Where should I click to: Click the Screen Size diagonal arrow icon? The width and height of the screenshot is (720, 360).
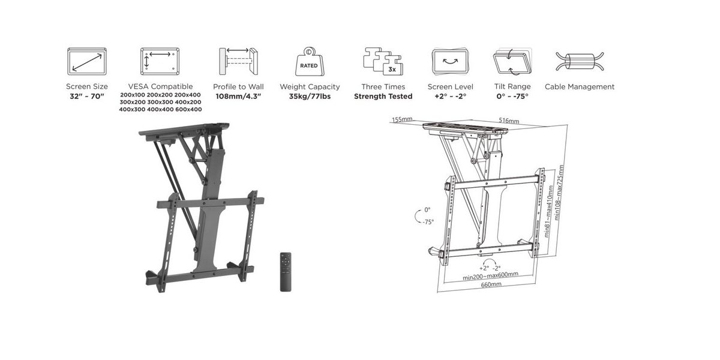click(87, 62)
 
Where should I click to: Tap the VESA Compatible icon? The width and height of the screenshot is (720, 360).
click(160, 61)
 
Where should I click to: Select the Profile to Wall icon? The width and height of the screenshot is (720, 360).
click(239, 61)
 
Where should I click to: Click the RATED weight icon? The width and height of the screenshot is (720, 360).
click(310, 61)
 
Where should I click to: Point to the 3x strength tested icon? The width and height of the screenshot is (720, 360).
click(383, 61)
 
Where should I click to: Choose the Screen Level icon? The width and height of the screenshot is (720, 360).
click(450, 61)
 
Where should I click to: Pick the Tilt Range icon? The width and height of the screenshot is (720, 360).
click(512, 61)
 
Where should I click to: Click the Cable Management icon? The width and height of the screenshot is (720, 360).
click(580, 61)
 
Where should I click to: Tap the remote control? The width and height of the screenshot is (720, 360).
click(286, 272)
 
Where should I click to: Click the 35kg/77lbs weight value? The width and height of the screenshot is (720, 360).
click(310, 97)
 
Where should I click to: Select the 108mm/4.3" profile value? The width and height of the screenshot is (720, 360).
click(238, 97)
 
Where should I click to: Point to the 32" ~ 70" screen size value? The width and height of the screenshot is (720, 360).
click(87, 97)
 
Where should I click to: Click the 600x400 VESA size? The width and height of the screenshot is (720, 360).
click(188, 109)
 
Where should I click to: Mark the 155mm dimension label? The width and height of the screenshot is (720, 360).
click(402, 119)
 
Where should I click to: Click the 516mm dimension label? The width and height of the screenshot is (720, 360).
click(509, 121)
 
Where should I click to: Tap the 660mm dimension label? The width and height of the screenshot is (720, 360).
click(491, 285)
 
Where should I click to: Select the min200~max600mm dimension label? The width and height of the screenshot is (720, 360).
click(490, 276)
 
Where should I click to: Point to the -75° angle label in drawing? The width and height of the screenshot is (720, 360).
click(428, 222)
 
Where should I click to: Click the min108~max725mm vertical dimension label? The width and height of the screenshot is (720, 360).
click(559, 193)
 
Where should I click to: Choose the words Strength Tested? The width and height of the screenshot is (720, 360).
click(383, 97)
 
